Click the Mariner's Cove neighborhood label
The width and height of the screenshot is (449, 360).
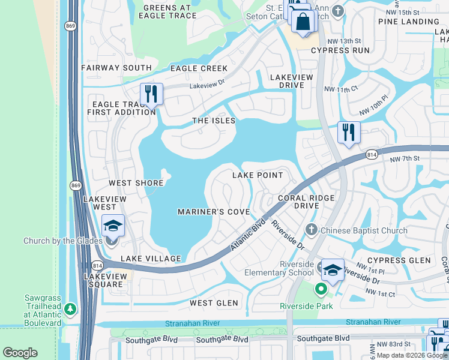click(x=214, y=212)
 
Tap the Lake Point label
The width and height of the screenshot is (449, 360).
click(x=258, y=175)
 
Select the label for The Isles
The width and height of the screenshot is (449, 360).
click(x=209, y=121)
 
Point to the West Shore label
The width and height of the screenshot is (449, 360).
click(x=136, y=183)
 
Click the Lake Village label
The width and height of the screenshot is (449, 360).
click(x=151, y=259)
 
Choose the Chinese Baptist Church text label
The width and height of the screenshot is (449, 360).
click(x=364, y=230)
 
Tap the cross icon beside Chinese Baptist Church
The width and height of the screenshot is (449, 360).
click(x=311, y=230)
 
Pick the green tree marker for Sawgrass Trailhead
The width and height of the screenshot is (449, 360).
click(x=71, y=309)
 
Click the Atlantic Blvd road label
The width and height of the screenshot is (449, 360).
click(x=249, y=238)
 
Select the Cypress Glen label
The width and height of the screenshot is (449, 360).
click(x=399, y=260)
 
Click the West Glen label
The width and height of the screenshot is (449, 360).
click(x=214, y=303)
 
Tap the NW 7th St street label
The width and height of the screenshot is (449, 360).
click(x=403, y=159)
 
